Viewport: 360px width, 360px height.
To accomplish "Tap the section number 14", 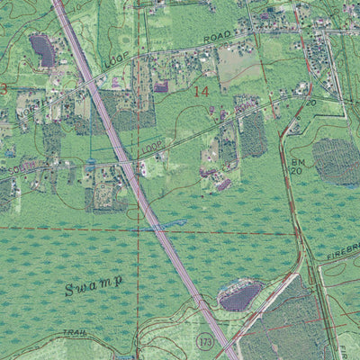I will coord(201,91).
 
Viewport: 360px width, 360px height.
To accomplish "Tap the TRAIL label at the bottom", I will coord(76,333).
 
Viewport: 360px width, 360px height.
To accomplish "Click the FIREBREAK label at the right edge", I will coord(339,256).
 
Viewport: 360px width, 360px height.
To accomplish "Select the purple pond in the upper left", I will coord(42,49).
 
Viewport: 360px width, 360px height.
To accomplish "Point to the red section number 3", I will coord(4,88).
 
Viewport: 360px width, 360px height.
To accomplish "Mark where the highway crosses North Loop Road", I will coord(95,83).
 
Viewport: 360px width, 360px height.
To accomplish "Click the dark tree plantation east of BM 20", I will coord(335,160).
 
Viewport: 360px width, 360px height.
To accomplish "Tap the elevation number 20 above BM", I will coord(311,103).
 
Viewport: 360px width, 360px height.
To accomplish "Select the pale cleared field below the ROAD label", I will coord(238,63).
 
